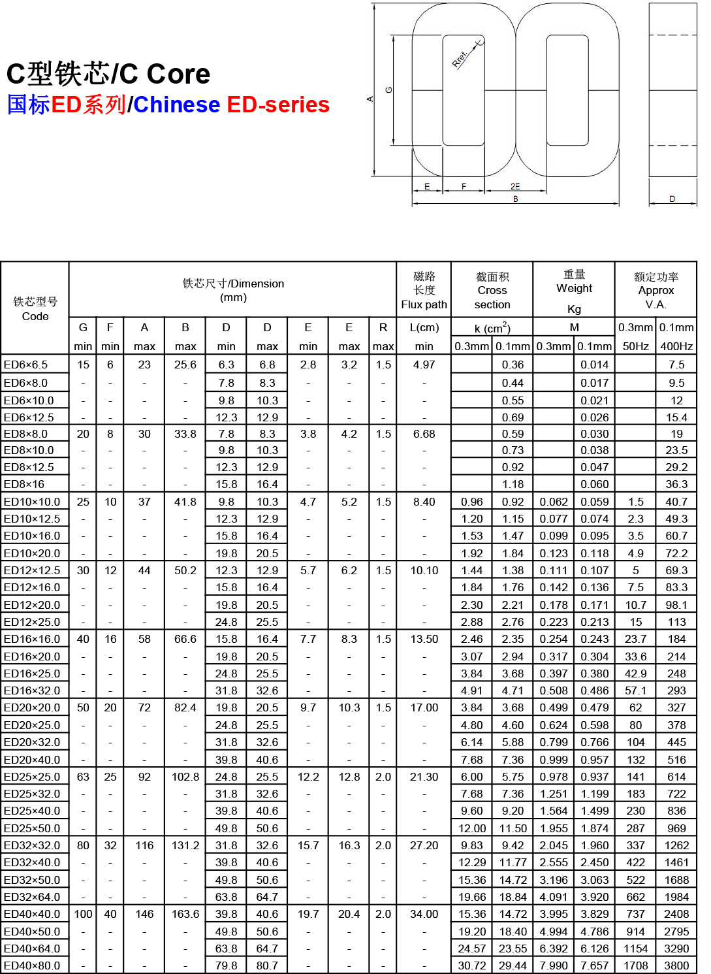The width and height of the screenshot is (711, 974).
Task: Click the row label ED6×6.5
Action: coord(26,365)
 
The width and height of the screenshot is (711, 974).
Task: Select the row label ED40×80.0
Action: coord(32,966)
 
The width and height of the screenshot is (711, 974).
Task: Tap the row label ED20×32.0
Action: coord(32,742)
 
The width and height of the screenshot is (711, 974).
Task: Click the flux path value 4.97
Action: coord(424,365)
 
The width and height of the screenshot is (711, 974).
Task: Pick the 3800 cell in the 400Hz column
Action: coord(676,966)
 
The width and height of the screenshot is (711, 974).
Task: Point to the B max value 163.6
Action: coord(185,914)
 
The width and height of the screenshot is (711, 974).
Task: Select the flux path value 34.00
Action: coord(424,914)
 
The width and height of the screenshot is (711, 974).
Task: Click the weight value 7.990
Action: coord(554,966)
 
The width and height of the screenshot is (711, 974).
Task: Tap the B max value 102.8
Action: coord(185,777)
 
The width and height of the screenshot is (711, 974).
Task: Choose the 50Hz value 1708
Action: coord(635,966)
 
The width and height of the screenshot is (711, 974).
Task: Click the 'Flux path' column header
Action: coord(424,304)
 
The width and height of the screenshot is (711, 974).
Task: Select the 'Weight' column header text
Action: coord(574,288)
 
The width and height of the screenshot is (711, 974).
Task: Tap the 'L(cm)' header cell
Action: coord(424,327)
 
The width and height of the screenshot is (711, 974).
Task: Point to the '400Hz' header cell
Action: coord(676,346)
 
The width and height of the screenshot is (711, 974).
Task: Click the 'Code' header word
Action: coord(35,316)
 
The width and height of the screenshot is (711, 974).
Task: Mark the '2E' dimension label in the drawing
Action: coord(515,186)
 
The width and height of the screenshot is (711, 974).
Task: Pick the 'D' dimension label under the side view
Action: coord(672,199)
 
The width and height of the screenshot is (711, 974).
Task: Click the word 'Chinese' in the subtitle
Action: coord(177,105)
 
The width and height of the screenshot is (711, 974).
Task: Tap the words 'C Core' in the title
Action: coord(178,74)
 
